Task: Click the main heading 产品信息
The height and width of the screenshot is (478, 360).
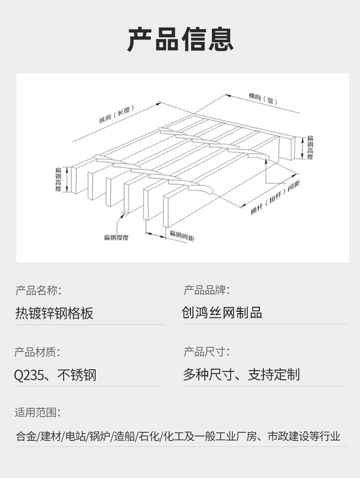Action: tap(180, 39)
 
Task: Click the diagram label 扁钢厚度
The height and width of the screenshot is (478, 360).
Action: tap(116, 238)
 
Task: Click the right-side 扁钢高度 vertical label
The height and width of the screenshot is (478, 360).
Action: tap(310, 147)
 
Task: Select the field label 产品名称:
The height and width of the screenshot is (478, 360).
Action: tap(38, 290)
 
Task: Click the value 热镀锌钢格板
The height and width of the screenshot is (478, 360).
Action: tap(54, 313)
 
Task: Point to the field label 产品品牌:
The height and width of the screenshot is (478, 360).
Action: tap(206, 290)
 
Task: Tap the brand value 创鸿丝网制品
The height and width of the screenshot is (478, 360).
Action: tap(222, 313)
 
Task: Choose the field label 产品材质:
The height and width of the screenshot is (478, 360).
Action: tap(37, 352)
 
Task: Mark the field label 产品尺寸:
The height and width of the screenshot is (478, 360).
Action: tap(206, 352)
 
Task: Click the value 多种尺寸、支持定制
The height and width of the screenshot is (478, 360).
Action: tap(241, 375)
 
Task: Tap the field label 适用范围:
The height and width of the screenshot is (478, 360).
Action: tap(37, 413)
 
